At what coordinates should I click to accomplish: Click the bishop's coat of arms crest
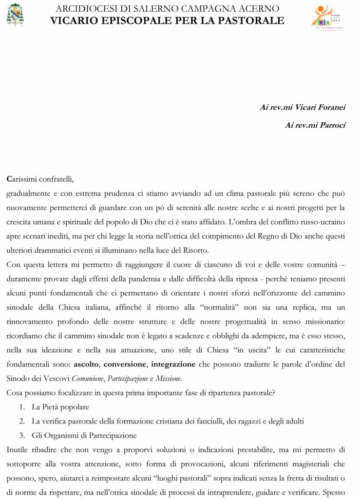tap(15, 14)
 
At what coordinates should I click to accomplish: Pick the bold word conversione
tap(125, 364)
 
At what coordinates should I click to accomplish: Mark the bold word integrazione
tap(173, 364)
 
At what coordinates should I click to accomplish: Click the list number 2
tap(22, 421)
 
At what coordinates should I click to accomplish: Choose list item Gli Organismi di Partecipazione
tap(84, 435)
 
